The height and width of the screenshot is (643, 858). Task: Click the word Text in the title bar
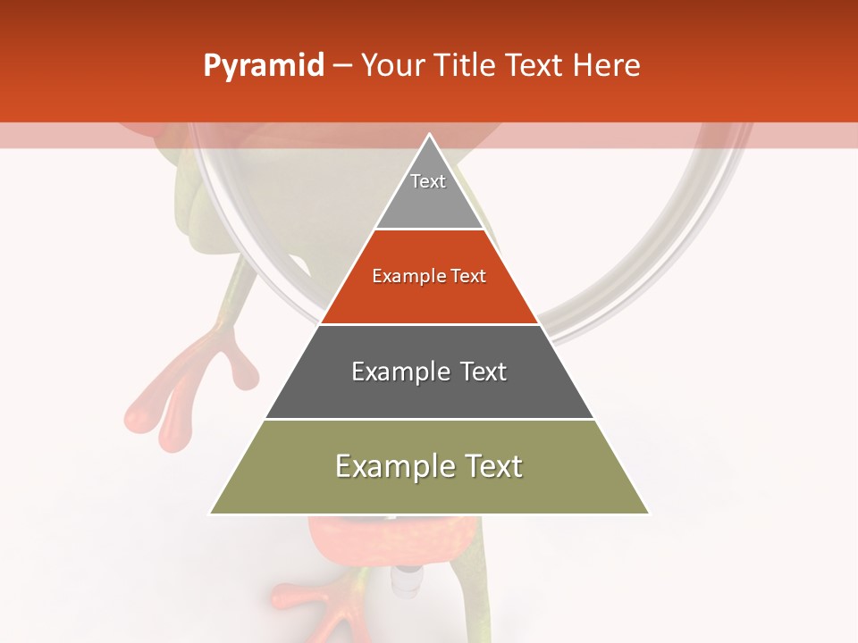point(536,66)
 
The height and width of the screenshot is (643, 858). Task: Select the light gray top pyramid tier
point(429,201)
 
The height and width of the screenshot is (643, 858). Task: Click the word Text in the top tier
point(428,181)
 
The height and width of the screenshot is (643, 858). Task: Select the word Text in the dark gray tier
point(483,372)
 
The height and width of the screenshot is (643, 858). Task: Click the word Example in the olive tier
point(385,467)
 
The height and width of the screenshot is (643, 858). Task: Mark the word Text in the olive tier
point(490,467)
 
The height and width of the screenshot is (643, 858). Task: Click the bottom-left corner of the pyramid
point(212,513)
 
